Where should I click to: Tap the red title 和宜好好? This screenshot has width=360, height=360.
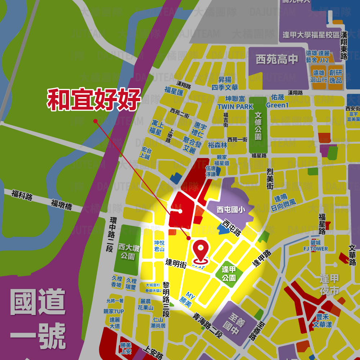coord(93,100)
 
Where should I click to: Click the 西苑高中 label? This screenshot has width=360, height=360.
coord(277,59)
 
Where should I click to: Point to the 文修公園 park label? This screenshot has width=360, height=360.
coord(258,126)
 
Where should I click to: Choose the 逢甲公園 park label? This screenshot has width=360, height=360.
coord(229,274)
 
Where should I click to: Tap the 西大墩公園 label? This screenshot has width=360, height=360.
coord(127,252)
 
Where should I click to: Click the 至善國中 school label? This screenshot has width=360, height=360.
coord(231,323)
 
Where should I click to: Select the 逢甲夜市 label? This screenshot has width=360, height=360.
coord(329,284)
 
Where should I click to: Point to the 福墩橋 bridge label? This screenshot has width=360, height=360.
coord(62,205)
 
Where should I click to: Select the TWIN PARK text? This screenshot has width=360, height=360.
coord(235,107)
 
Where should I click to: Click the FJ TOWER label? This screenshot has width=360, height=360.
coord(316,249)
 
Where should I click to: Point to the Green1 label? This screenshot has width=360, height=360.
coord(278,105)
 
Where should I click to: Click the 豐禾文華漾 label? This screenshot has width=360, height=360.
coord(322,321)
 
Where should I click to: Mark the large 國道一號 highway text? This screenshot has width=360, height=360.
coord(38,319)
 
